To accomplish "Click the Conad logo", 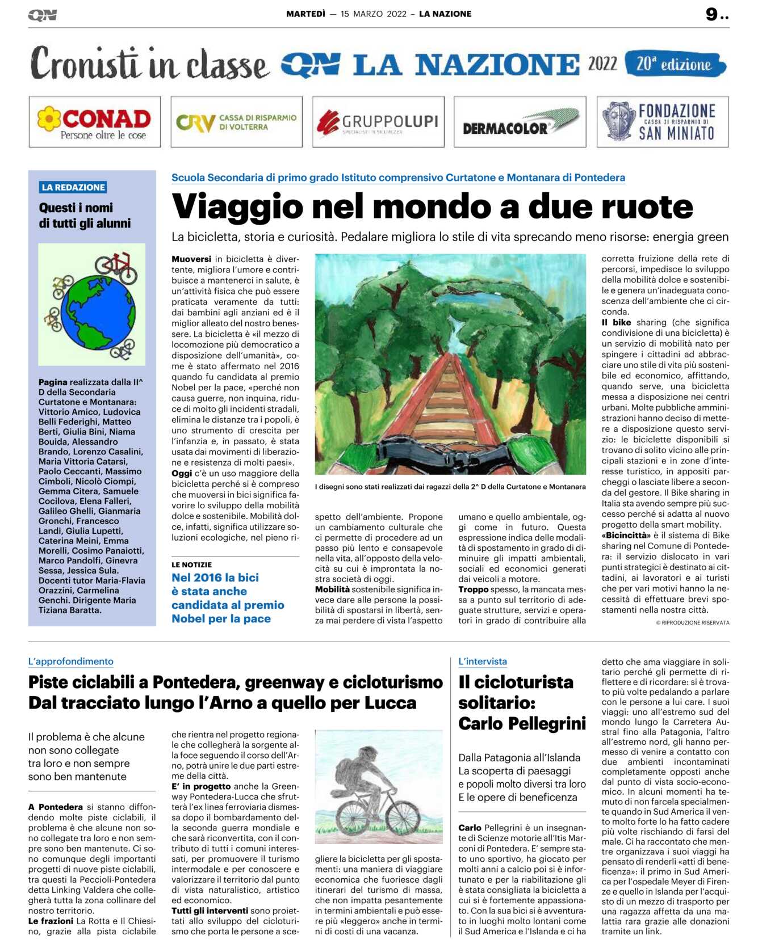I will coord(94,122).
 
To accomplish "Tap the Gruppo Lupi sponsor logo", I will coord(378,122).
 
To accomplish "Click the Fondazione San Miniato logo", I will coord(662,122).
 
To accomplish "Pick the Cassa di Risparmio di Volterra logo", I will coord(236,122).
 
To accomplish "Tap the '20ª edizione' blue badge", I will coord(675,64).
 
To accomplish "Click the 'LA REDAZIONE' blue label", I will coord(73,187).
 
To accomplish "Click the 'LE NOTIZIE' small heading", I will coord(191,565).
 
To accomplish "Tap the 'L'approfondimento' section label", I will coord(71,661).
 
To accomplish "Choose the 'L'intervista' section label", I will coord(483,661).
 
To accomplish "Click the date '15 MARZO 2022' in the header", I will coord(374,14).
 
